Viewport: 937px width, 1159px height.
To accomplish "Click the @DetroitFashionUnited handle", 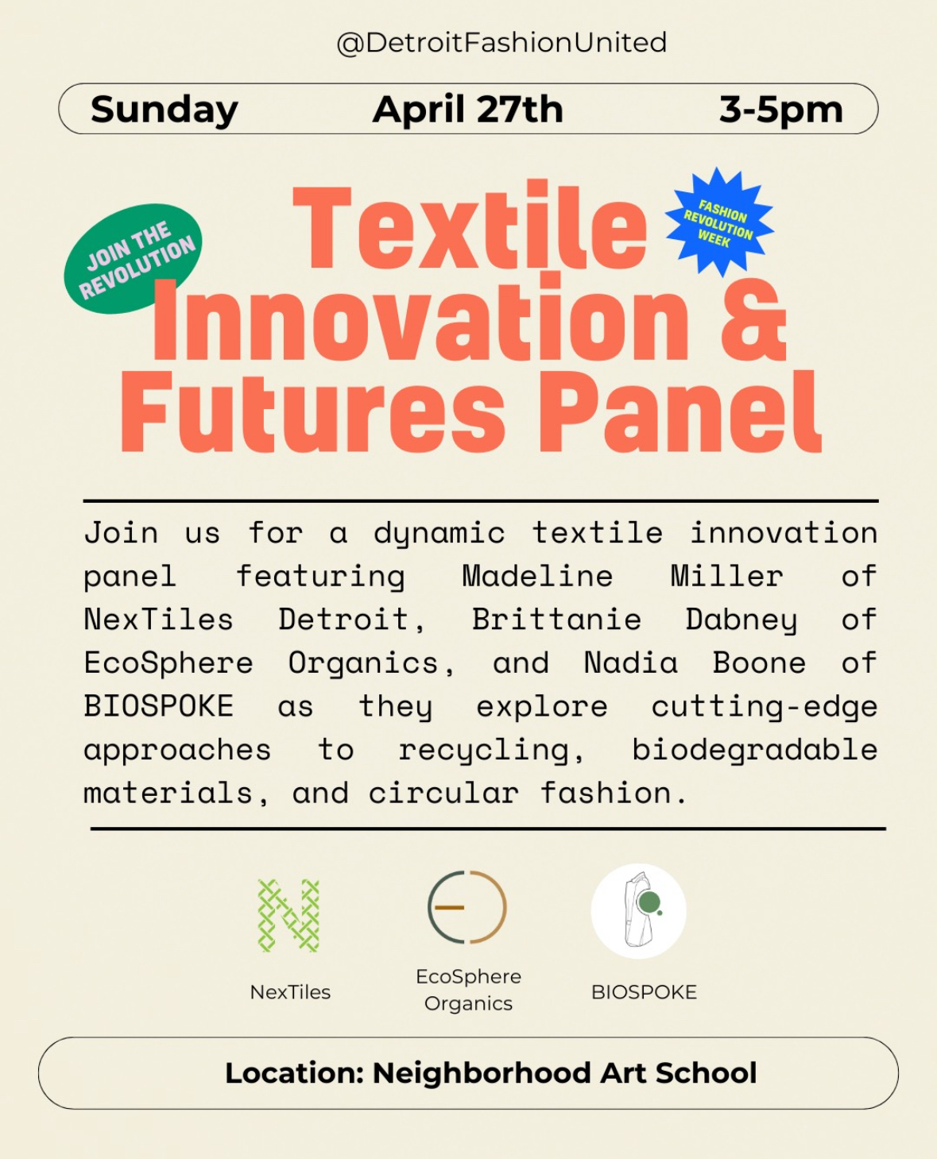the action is (501, 43).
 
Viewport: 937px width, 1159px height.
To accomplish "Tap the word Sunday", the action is (165, 110).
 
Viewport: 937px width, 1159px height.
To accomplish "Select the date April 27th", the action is (467, 110).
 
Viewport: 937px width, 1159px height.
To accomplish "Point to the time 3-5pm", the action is (780, 110).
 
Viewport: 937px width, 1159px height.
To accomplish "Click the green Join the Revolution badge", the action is (134, 258).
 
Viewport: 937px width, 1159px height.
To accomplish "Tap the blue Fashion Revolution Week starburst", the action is (719, 222).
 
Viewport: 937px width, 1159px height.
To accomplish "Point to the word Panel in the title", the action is (680, 411).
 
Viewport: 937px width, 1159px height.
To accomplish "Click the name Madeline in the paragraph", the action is (537, 576).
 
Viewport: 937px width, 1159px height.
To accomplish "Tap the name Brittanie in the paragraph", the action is (556, 620).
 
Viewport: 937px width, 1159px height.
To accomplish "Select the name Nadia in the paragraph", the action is (630, 663).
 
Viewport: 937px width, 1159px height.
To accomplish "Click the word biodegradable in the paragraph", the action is (755, 749).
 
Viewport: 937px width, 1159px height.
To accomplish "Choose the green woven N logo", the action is (288, 917).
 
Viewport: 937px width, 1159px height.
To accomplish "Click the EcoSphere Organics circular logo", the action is (467, 907).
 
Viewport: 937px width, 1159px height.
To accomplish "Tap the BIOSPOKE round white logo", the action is (639, 911).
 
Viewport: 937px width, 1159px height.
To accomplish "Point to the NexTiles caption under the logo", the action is (290, 992).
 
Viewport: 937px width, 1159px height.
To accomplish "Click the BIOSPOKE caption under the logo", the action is (644, 992).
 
